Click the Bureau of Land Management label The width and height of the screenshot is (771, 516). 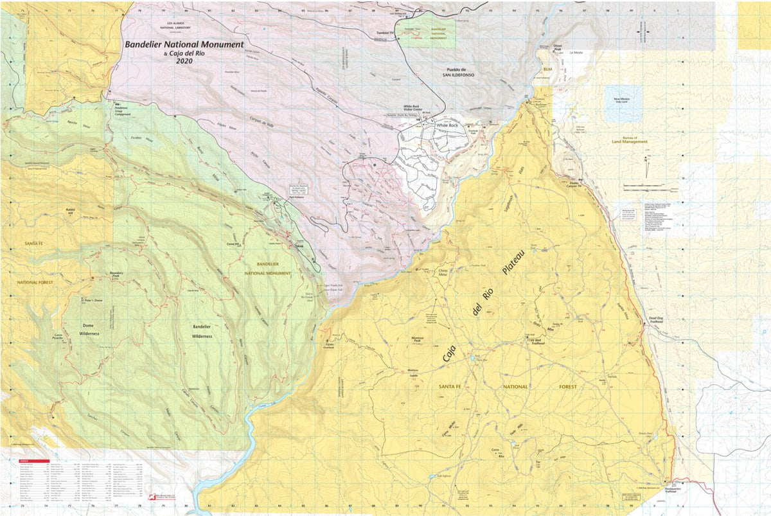[x=630, y=139]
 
